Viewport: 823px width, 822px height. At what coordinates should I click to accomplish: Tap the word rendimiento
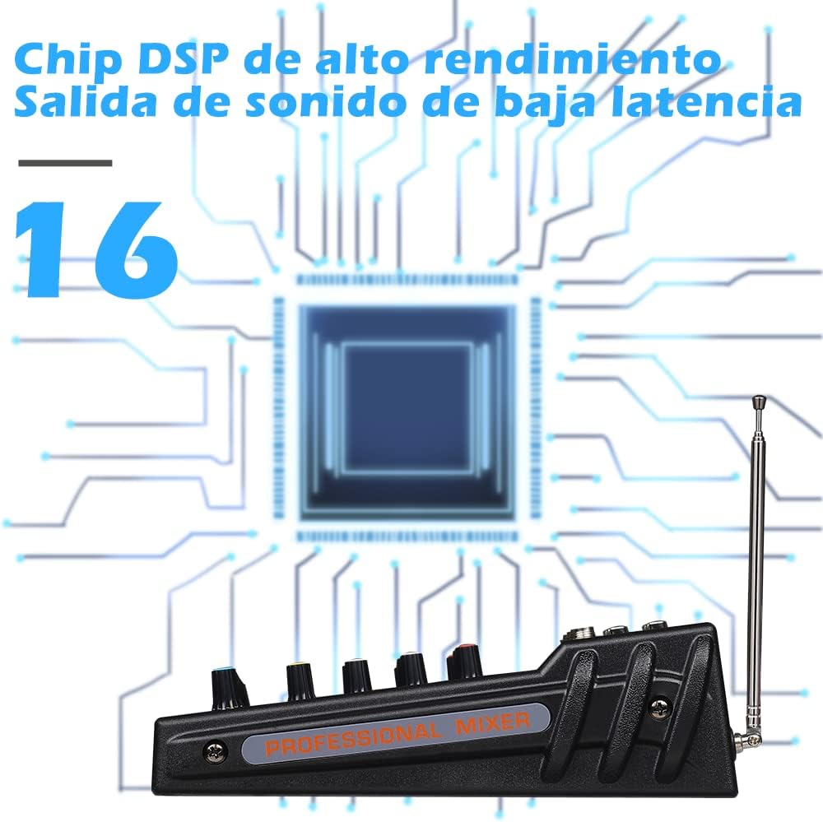(x=572, y=58)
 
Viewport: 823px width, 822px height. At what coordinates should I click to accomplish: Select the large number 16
(x=95, y=250)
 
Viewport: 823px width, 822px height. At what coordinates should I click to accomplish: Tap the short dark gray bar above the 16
(x=65, y=163)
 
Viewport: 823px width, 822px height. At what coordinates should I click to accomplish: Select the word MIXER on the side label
(x=492, y=723)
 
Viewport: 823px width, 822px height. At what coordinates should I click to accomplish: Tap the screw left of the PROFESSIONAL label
(x=215, y=752)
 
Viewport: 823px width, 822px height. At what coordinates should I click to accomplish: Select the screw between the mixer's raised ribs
(x=660, y=708)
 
